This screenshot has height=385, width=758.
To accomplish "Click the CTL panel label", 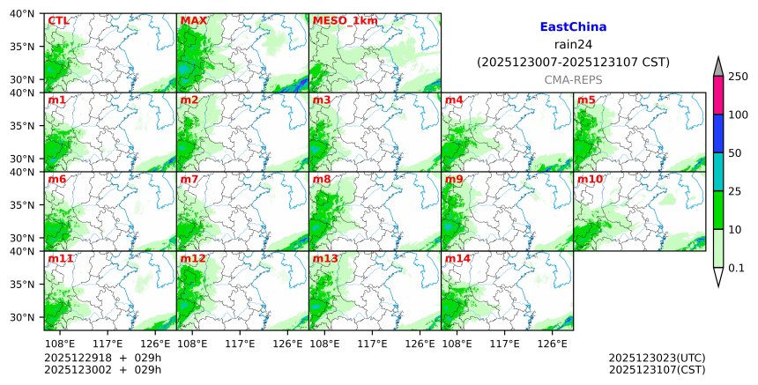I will [x=58, y=20].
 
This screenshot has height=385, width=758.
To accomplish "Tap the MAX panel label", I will [x=193, y=20].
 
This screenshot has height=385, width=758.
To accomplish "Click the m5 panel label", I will [x=586, y=100].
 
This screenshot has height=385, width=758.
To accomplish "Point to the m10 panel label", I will [x=590, y=179].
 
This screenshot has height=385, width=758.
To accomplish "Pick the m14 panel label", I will [x=457, y=258].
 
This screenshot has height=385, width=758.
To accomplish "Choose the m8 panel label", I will [x=322, y=179].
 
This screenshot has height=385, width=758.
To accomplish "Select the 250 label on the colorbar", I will [x=738, y=77].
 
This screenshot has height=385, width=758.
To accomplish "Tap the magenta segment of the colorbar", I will [x=718, y=95].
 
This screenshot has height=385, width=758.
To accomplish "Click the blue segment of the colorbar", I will [x=718, y=133].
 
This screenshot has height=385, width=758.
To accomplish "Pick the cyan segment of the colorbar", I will [x=718, y=172].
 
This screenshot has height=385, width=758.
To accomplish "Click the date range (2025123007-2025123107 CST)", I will [x=573, y=62].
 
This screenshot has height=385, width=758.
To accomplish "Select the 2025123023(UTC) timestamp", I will [x=657, y=358].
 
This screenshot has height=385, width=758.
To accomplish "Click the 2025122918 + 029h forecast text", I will [x=99, y=358].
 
